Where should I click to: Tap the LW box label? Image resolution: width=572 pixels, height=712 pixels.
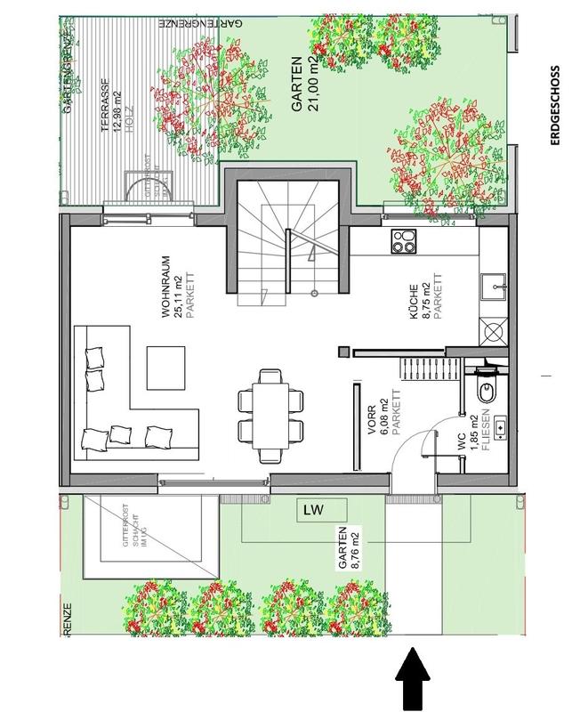pos(311,510)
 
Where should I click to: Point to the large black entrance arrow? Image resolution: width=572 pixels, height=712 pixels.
pos(412,678)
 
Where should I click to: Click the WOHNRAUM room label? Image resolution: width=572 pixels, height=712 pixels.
pos(165,287)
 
